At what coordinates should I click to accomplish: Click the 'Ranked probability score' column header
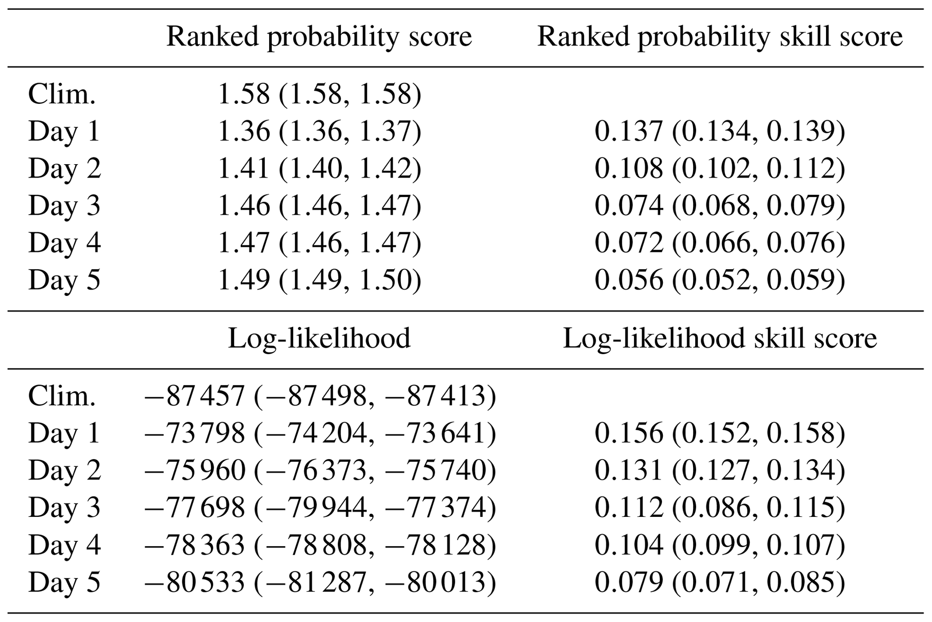pyautogui.click(x=319, y=37)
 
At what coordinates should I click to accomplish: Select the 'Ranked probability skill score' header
pyautogui.click(x=720, y=37)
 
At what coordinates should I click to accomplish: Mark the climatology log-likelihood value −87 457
pyautogui.click(x=194, y=396)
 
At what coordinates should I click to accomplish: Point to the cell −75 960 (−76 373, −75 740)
pyautogui.click(x=320, y=470)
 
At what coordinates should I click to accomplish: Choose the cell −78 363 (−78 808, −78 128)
pyautogui.click(x=320, y=545)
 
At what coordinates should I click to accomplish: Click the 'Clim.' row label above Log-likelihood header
pyautogui.click(x=62, y=94)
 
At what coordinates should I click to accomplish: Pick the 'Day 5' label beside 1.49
pyautogui.click(x=64, y=280)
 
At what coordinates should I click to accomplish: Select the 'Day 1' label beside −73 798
pyautogui.click(x=64, y=433)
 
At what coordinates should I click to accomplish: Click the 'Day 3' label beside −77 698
pyautogui.click(x=64, y=508)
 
